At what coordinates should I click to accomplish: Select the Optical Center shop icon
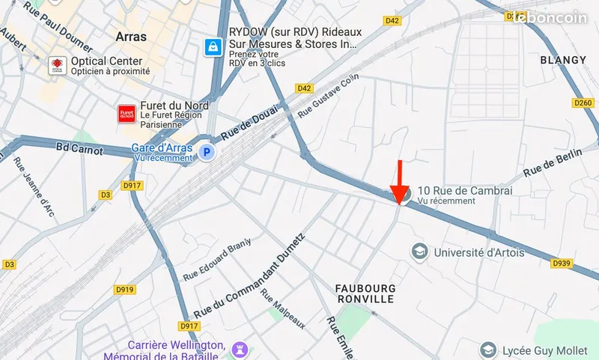tap(57, 66)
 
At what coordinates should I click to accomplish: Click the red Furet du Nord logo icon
tap(126, 113)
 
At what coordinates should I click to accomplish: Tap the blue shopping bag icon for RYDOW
tap(214, 46)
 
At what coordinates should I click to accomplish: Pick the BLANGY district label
tap(563, 60)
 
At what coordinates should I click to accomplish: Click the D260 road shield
tap(582, 103)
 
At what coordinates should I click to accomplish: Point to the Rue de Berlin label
tap(553, 162)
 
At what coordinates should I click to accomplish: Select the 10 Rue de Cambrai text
tap(464, 191)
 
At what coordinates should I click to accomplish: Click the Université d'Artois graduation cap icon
tap(419, 251)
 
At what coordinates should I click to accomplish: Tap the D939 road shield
tap(562, 263)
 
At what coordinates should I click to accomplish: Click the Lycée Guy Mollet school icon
tap(488, 350)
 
